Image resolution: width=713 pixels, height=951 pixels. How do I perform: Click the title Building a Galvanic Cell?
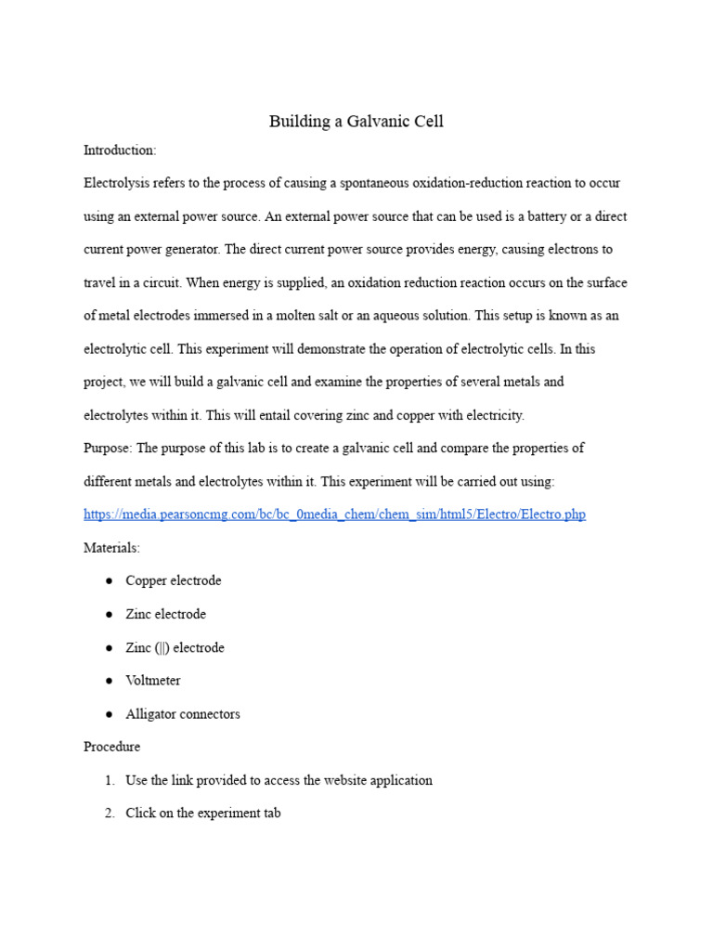tap(356, 122)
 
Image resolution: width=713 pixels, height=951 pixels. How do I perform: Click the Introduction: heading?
tap(120, 150)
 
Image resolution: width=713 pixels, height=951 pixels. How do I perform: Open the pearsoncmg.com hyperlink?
tap(334, 515)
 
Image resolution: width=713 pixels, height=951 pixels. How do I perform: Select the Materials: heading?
tap(111, 548)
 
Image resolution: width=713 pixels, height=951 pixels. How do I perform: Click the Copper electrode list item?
tap(174, 580)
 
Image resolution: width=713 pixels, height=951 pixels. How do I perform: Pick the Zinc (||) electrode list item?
tap(175, 647)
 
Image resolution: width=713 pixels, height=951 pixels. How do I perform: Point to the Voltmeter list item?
tap(153, 681)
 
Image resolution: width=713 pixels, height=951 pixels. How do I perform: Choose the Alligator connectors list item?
tap(183, 714)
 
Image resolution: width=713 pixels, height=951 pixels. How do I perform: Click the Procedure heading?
tap(111, 747)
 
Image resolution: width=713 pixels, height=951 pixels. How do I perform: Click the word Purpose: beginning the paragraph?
tap(109, 449)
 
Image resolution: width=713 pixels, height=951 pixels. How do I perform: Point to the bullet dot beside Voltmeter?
tap(109, 681)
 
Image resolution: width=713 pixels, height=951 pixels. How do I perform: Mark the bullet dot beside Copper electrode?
tap(109, 580)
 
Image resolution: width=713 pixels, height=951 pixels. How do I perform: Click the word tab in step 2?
tap(271, 814)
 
